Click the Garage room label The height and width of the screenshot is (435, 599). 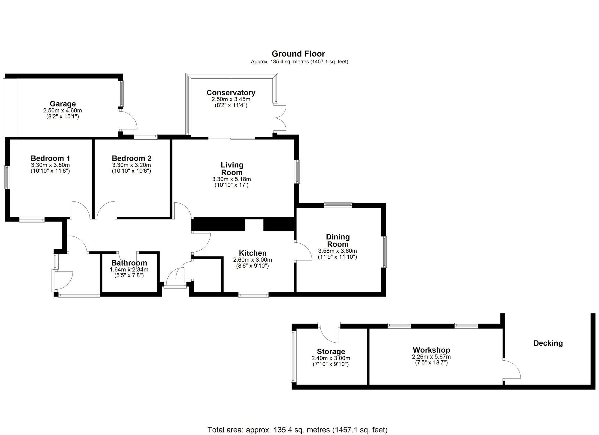(63, 104)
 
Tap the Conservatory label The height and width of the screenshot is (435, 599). (231, 93)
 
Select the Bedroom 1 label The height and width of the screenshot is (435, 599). (50, 158)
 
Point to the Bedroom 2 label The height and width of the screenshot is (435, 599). (131, 158)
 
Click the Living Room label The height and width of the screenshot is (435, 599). (232, 169)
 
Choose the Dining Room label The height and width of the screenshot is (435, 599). (338, 240)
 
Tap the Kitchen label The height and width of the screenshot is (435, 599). (253, 253)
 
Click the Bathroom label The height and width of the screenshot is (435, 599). (129, 263)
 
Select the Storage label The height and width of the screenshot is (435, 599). (331, 352)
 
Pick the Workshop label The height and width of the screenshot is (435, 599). (431, 350)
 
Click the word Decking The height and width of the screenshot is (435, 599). (548, 343)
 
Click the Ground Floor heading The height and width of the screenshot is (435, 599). (298, 54)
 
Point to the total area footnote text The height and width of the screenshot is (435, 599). (297, 430)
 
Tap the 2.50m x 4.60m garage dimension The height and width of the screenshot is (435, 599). (63, 111)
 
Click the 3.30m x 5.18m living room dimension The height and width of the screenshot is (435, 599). (232, 179)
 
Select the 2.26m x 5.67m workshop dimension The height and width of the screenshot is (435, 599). (431, 357)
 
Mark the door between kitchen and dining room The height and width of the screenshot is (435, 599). (303, 251)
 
